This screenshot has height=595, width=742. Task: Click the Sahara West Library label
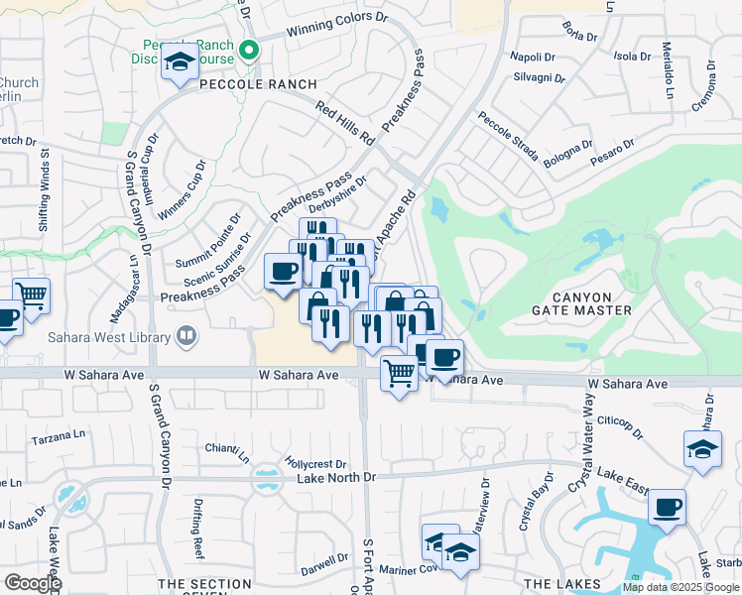(108, 338)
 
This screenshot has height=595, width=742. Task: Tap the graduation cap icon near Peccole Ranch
(180, 63)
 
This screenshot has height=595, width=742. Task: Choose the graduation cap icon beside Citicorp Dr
(702, 448)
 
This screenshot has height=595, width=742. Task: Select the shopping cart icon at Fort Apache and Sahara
(399, 374)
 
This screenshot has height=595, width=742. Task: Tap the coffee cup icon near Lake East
(667, 508)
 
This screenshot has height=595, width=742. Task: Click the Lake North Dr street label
(336, 478)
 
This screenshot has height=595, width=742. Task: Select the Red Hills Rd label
(344, 121)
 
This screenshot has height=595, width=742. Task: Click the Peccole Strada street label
(507, 137)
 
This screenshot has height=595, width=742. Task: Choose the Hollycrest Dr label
(314, 463)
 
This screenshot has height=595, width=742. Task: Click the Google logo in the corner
(32, 582)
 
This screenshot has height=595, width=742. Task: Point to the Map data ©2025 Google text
(680, 587)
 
